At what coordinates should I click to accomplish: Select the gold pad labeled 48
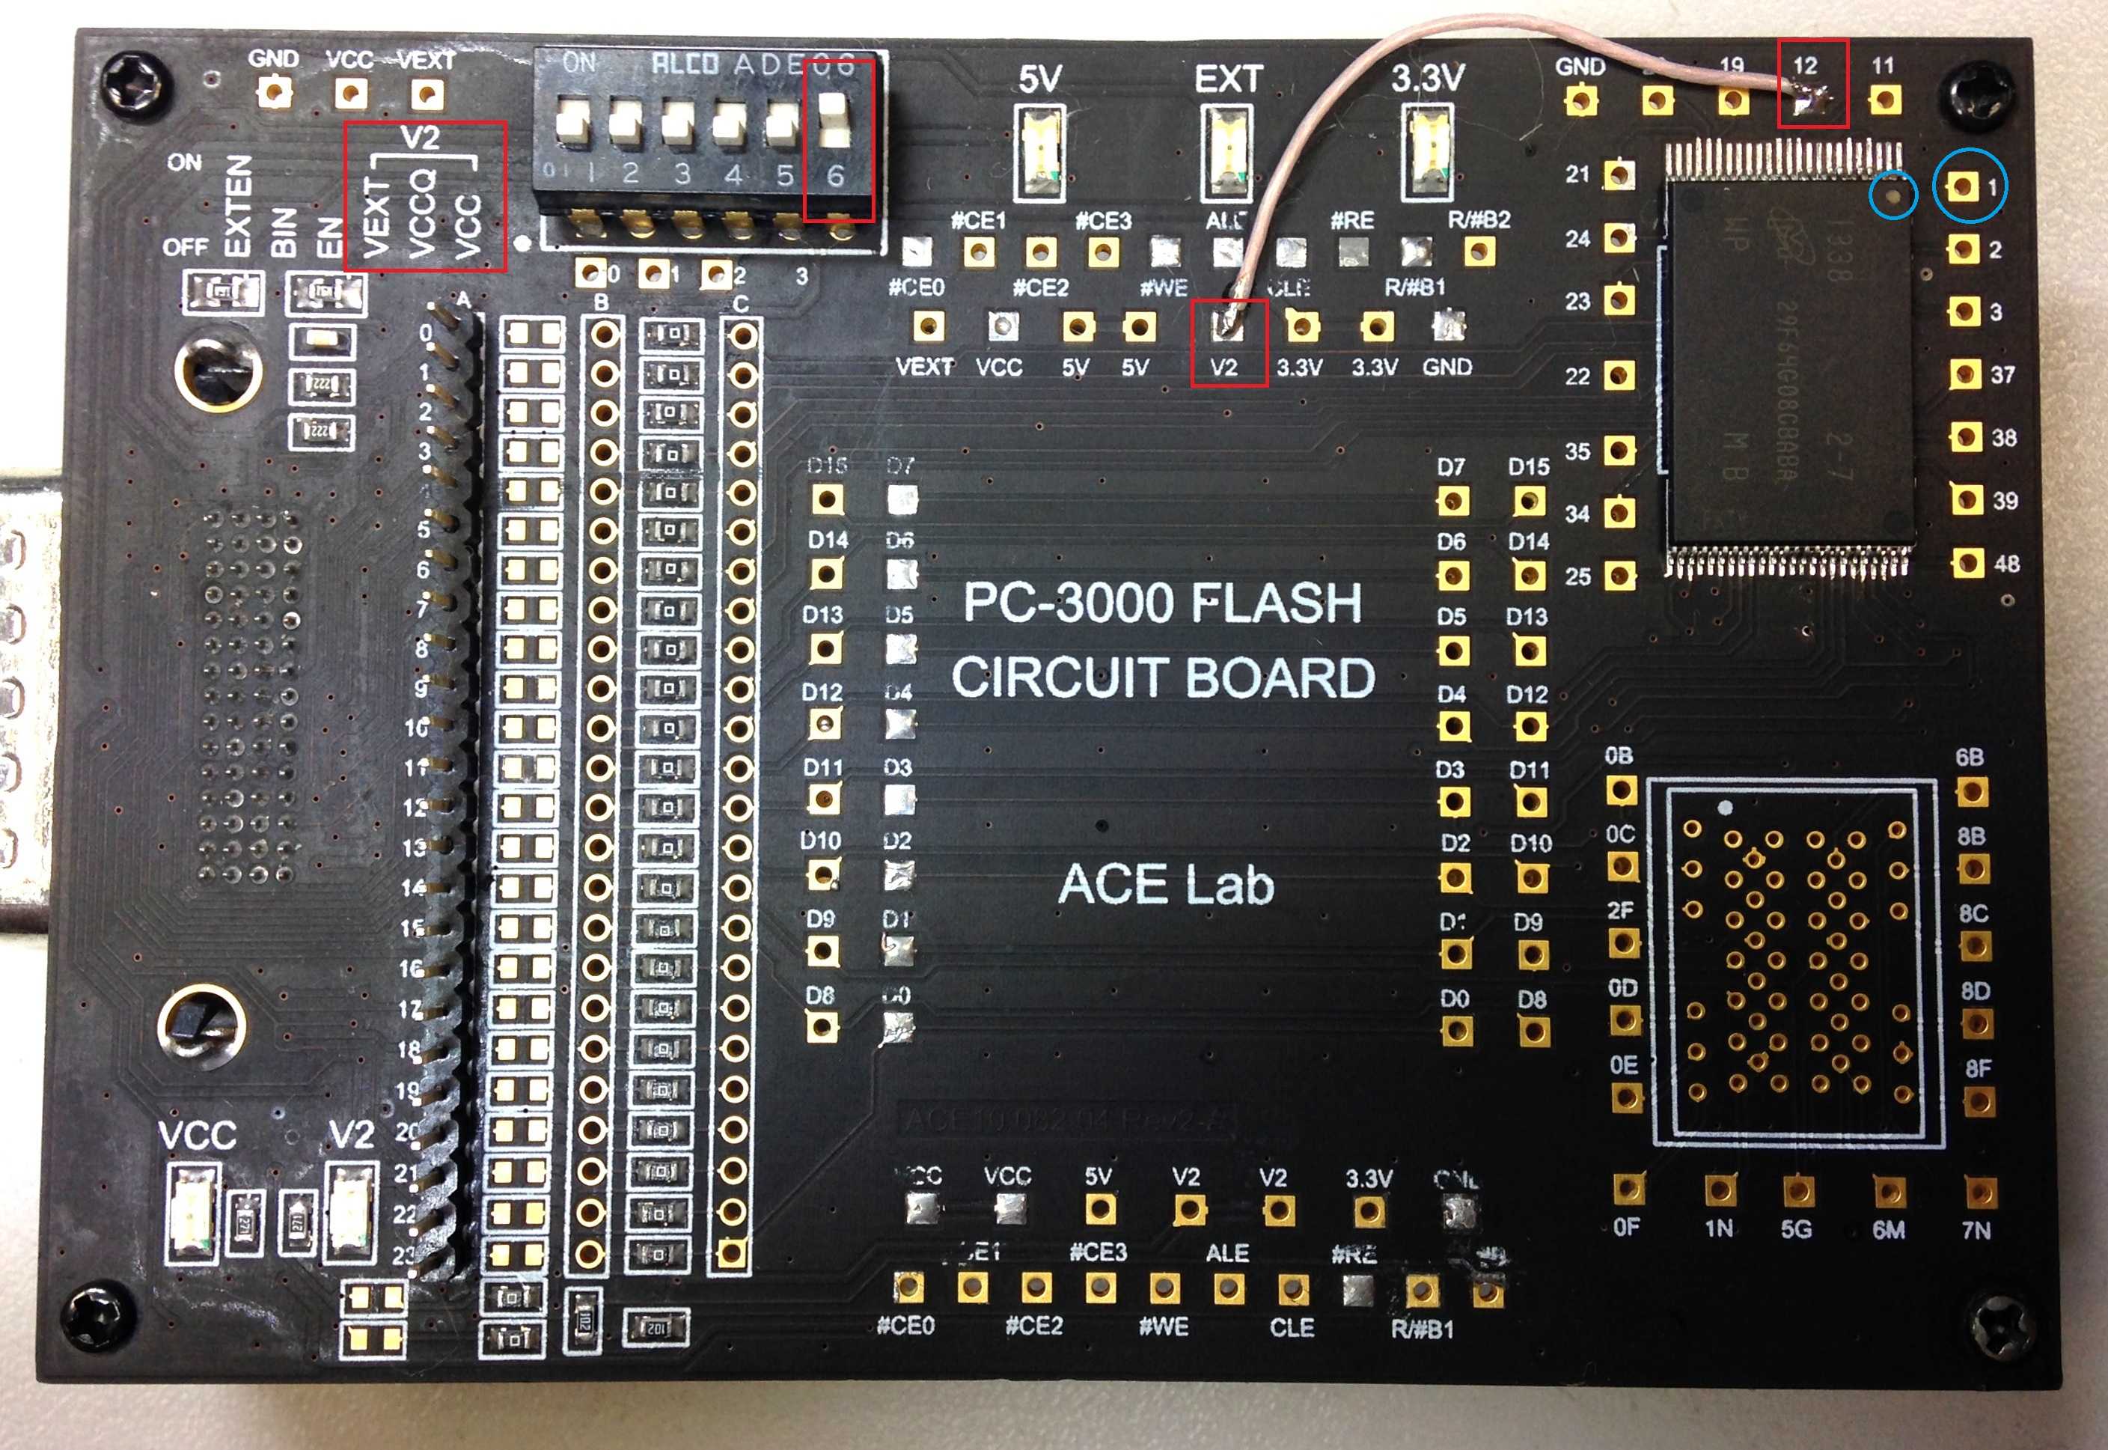pyautogui.click(x=1967, y=563)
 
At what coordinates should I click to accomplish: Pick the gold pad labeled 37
pyautogui.click(x=1965, y=374)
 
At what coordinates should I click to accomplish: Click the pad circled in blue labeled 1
pyautogui.click(x=1964, y=187)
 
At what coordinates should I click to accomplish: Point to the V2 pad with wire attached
pyautogui.click(x=1229, y=325)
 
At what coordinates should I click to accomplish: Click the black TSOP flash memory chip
pyautogui.click(x=1789, y=363)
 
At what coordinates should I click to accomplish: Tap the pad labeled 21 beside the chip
pyautogui.click(x=1619, y=174)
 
